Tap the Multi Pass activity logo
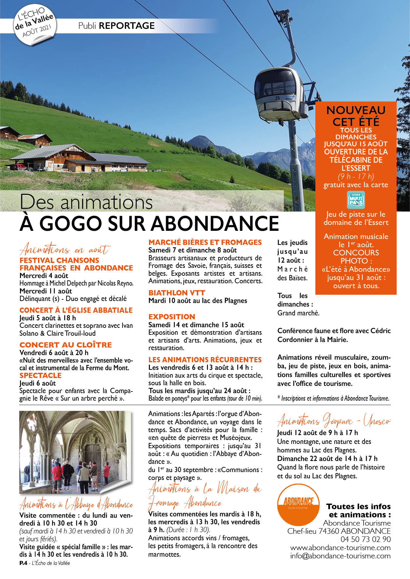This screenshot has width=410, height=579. pos(356,200)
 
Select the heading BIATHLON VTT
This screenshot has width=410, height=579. pos(177,293)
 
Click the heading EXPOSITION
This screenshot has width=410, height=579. pos(172,317)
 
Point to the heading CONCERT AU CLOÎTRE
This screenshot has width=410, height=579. pos(65,345)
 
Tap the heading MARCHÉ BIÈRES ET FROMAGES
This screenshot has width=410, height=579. pos(205,242)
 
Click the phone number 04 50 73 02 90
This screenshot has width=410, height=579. pos(365,539)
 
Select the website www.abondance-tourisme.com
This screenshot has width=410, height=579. pos(340,548)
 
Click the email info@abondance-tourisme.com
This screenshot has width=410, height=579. pos(340,556)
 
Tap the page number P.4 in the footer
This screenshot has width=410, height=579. pos(23,563)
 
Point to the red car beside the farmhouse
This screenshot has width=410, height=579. pos(21,167)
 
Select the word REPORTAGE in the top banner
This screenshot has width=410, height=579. pos(126,26)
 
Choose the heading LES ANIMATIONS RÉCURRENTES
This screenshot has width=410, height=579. pos(205,360)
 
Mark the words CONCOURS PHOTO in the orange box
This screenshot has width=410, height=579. pos(356,257)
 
